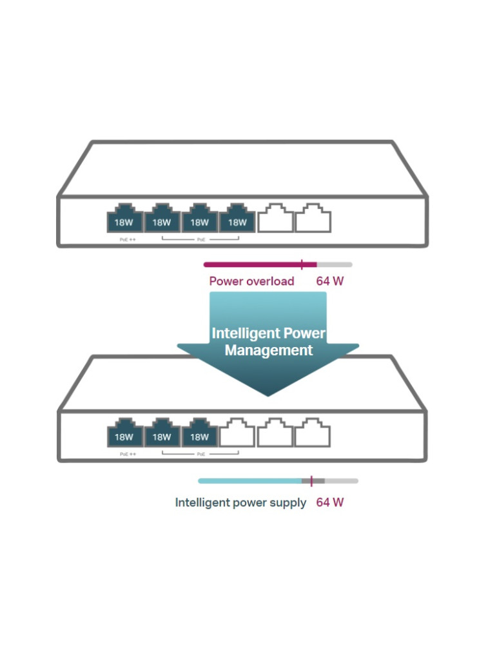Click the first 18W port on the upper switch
tap(124, 219)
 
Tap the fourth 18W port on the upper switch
tap(238, 219)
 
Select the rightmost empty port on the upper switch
tap(313, 219)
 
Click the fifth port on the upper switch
tap(275, 219)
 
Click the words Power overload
tap(251, 281)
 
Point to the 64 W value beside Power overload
tap(330, 281)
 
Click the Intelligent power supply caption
tap(240, 502)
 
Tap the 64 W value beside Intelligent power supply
tap(330, 502)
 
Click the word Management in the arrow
tap(269, 351)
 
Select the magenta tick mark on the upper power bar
tap(302, 264)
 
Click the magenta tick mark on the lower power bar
tap(311, 481)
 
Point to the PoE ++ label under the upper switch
tap(128, 239)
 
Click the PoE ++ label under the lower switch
tap(128, 454)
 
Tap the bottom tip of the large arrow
tap(268, 395)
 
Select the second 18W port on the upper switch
tap(162, 219)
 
